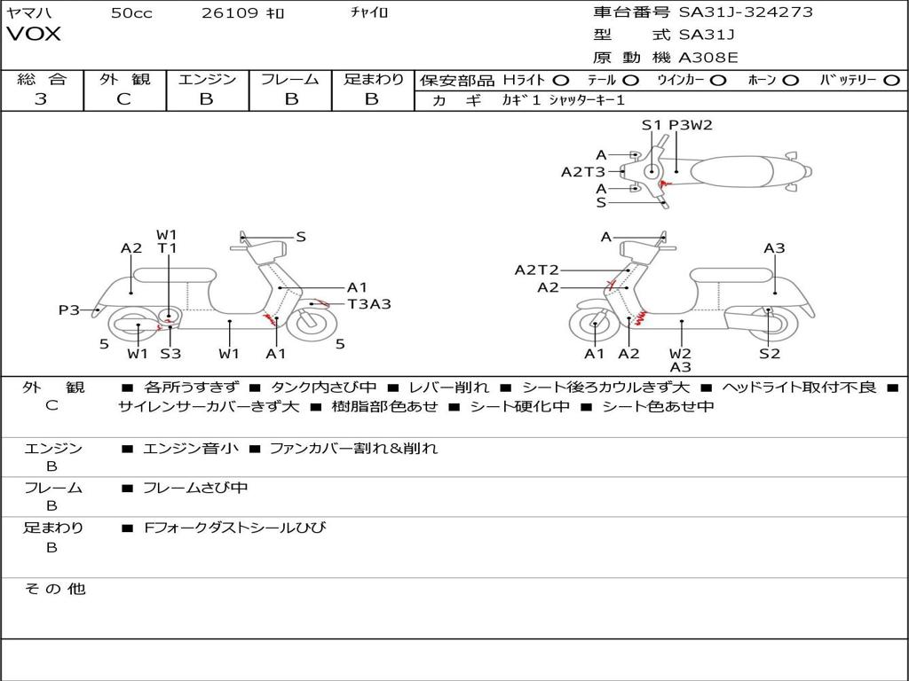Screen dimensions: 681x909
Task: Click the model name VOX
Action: coord(34,35)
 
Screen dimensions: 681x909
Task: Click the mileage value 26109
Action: coord(230,13)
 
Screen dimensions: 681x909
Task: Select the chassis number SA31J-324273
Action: coord(746,12)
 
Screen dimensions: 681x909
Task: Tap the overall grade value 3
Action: coord(41,99)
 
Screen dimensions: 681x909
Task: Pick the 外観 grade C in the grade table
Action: coord(123,99)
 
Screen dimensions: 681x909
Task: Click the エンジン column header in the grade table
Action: coord(207,79)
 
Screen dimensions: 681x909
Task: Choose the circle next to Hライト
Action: coord(561,80)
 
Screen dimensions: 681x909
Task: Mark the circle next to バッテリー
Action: coord(891,80)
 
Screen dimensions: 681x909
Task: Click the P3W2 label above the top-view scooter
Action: coord(691,125)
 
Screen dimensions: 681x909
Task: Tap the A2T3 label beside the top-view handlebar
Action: coord(583,172)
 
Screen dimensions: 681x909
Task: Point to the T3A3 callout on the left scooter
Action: coord(369,304)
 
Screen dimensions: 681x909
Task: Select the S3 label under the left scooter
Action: coord(170,354)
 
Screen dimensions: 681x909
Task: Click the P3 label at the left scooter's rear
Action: coord(69,310)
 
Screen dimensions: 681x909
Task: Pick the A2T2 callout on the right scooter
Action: coord(537,270)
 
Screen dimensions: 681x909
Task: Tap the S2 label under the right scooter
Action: coord(769,354)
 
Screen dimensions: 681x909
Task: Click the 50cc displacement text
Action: coord(131,13)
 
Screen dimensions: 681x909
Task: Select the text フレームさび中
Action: coord(195,488)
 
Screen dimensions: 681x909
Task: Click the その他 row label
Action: coord(54,589)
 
